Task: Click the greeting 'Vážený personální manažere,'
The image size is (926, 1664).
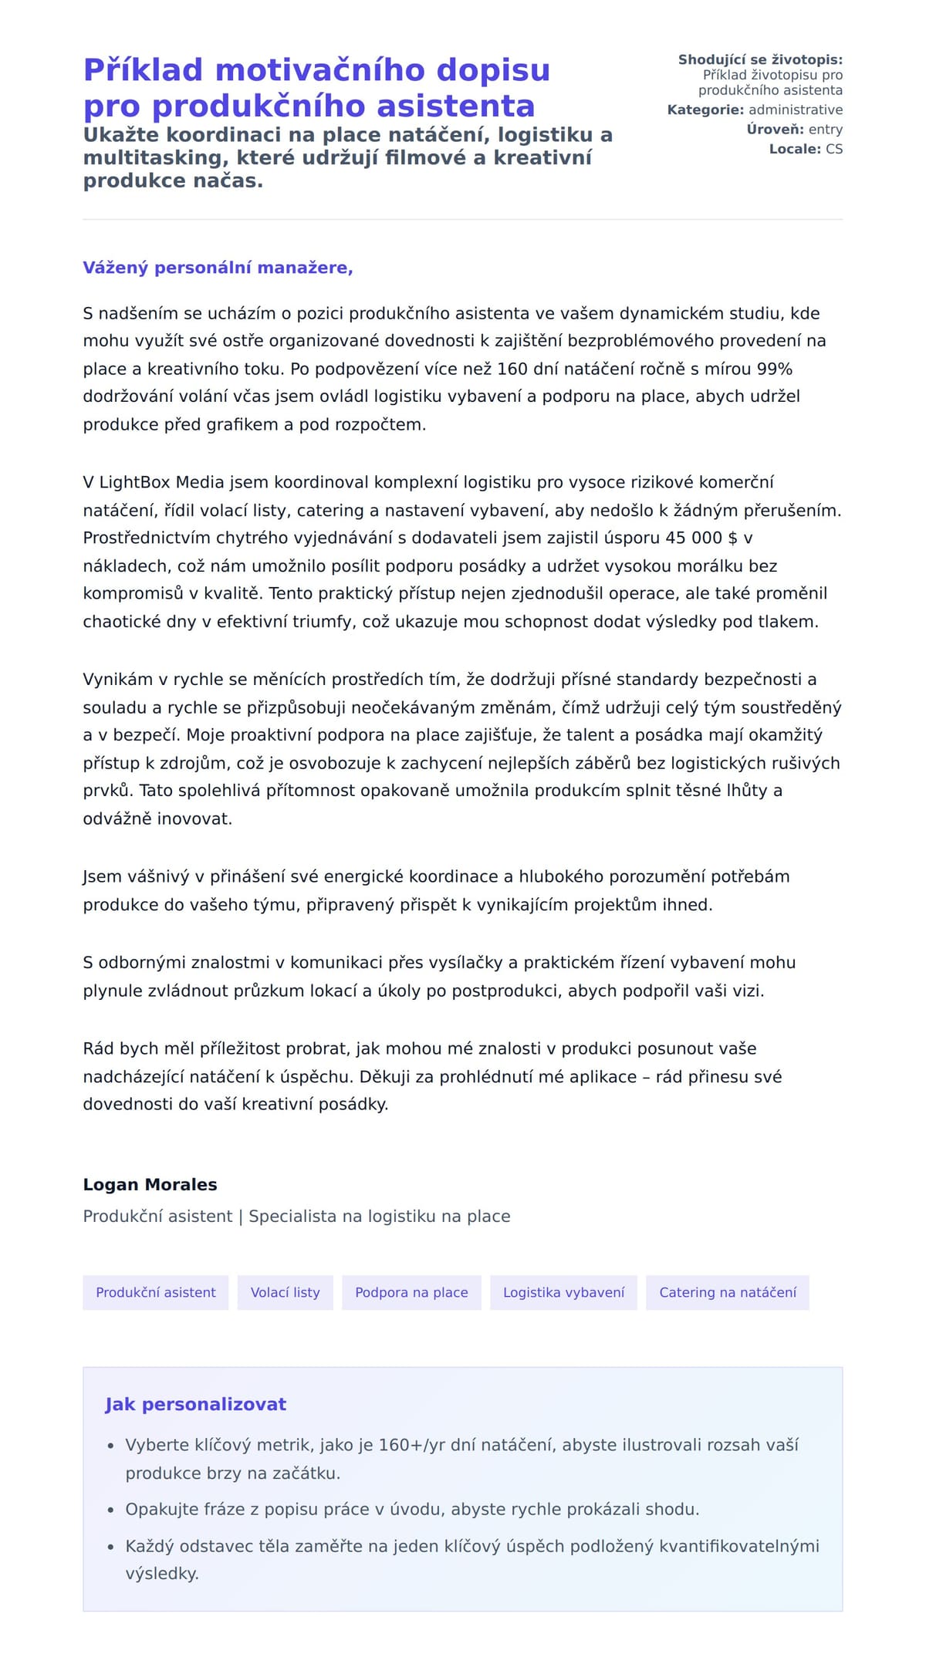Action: (218, 268)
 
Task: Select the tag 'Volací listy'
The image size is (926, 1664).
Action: (285, 1292)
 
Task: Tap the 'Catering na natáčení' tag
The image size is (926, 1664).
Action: (727, 1292)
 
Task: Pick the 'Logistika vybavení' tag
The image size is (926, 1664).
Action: (563, 1292)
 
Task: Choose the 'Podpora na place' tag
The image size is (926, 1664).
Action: (411, 1292)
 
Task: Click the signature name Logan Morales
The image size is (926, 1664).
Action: (150, 1184)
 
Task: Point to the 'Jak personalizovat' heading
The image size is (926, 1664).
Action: (195, 1404)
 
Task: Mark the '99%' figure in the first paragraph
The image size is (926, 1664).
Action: (774, 369)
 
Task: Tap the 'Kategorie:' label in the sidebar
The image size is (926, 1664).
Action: (705, 110)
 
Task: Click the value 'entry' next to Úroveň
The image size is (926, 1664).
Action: (825, 130)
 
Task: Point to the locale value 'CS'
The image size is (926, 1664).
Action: (833, 149)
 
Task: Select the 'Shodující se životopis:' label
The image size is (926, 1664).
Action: (760, 59)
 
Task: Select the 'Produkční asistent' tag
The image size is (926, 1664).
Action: (155, 1292)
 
